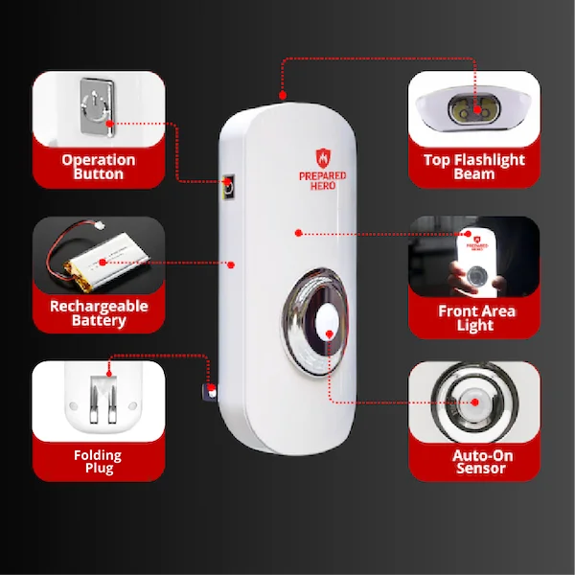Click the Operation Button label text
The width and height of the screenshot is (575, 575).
[99, 167]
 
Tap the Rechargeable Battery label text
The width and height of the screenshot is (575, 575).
[99, 313]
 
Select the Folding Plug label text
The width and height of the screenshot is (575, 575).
[98, 462]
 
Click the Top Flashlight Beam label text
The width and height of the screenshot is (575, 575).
[473, 167]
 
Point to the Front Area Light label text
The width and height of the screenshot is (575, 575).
[476, 318]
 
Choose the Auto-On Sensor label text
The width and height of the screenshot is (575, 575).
[482, 462]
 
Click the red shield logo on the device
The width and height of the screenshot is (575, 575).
[323, 158]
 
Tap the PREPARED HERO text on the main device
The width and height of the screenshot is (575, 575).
[323, 181]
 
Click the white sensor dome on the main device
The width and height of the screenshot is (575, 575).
[326, 322]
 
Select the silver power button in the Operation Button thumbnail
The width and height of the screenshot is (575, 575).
[97, 106]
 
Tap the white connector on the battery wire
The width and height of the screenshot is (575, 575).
[99, 226]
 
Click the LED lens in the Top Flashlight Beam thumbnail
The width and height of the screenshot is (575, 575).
[473, 109]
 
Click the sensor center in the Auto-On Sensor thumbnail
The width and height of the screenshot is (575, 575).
[474, 402]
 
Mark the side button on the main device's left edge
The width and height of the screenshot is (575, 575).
[228, 187]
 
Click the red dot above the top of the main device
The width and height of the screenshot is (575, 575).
[283, 96]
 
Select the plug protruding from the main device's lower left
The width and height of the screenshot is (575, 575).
[209, 392]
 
